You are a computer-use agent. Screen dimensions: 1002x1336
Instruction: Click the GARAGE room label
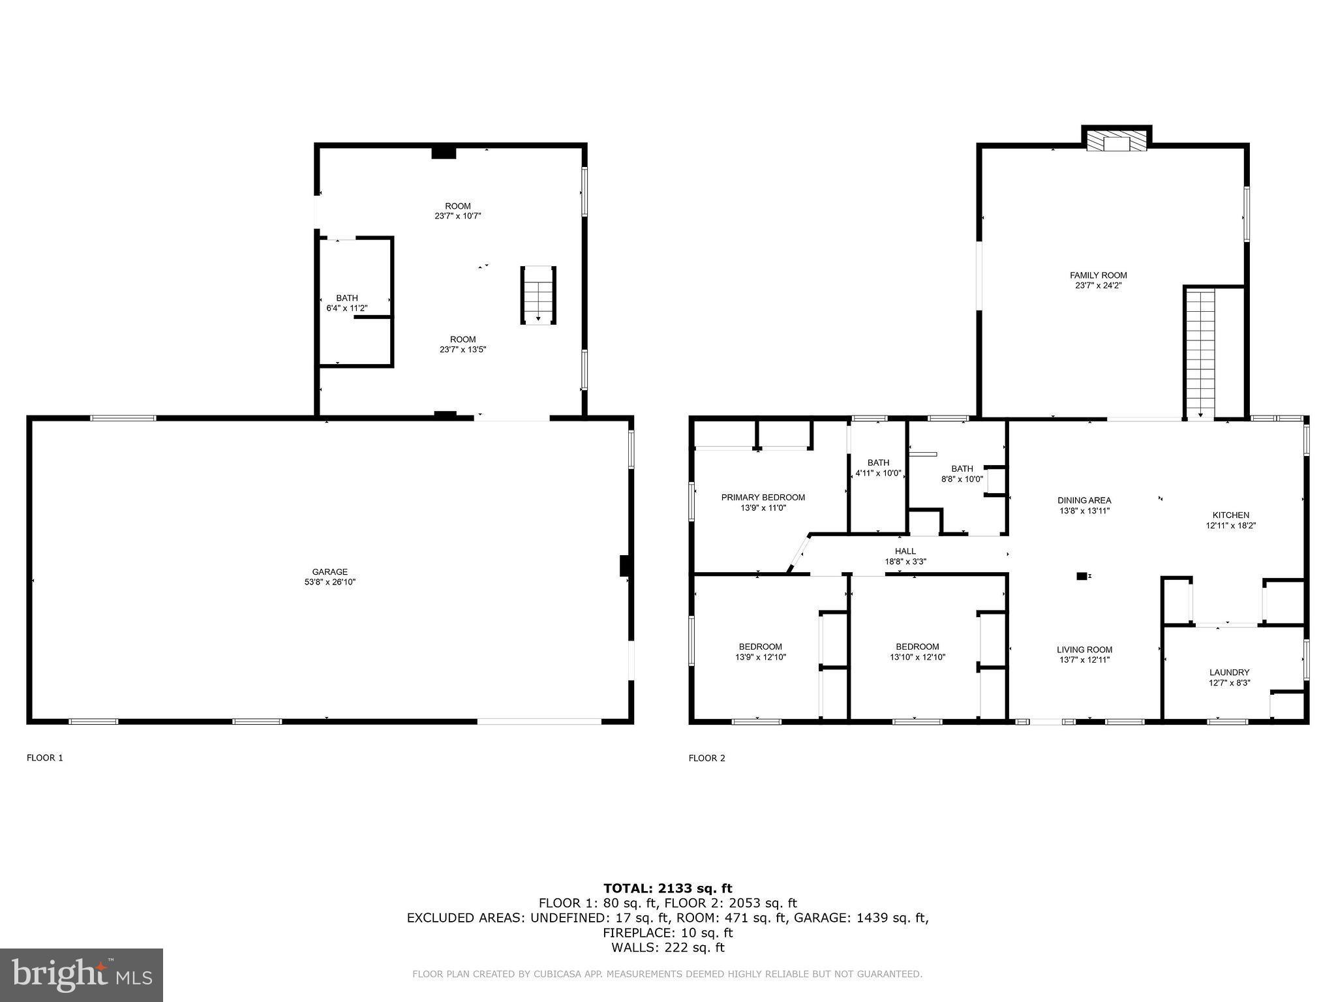pos(329,572)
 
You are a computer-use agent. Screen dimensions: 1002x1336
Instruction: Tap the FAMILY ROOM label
pos(1098,275)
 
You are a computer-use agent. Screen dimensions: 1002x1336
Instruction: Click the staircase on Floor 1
pos(538,295)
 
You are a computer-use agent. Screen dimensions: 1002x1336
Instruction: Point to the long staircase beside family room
pos(1200,352)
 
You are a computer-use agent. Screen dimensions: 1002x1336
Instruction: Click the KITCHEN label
pos(1230,515)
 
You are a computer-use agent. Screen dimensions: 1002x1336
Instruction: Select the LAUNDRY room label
pos(1229,673)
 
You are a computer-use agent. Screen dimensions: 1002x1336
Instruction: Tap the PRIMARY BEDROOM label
pos(763,497)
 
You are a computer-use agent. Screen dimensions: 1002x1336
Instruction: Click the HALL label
pos(905,551)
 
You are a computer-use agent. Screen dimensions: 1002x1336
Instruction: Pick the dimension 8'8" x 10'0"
pos(962,479)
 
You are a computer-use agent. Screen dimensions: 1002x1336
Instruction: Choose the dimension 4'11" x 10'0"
pos(878,474)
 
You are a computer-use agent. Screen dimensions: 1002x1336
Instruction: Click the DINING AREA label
pos(1084,500)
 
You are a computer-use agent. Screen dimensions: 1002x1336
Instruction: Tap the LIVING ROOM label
pos(1084,649)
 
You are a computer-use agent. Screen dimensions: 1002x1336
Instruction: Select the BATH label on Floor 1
pos(347,298)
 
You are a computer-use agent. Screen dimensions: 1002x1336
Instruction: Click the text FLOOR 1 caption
pos(45,758)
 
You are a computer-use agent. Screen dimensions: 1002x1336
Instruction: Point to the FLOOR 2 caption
pos(706,758)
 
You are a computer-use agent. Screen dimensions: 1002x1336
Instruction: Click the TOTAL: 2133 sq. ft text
pos(667,888)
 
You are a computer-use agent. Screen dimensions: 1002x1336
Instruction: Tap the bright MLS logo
pos(82,975)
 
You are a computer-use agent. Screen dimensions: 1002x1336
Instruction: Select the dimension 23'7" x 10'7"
pos(457,216)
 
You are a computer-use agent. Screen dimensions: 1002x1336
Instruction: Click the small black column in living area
pos(1082,576)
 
